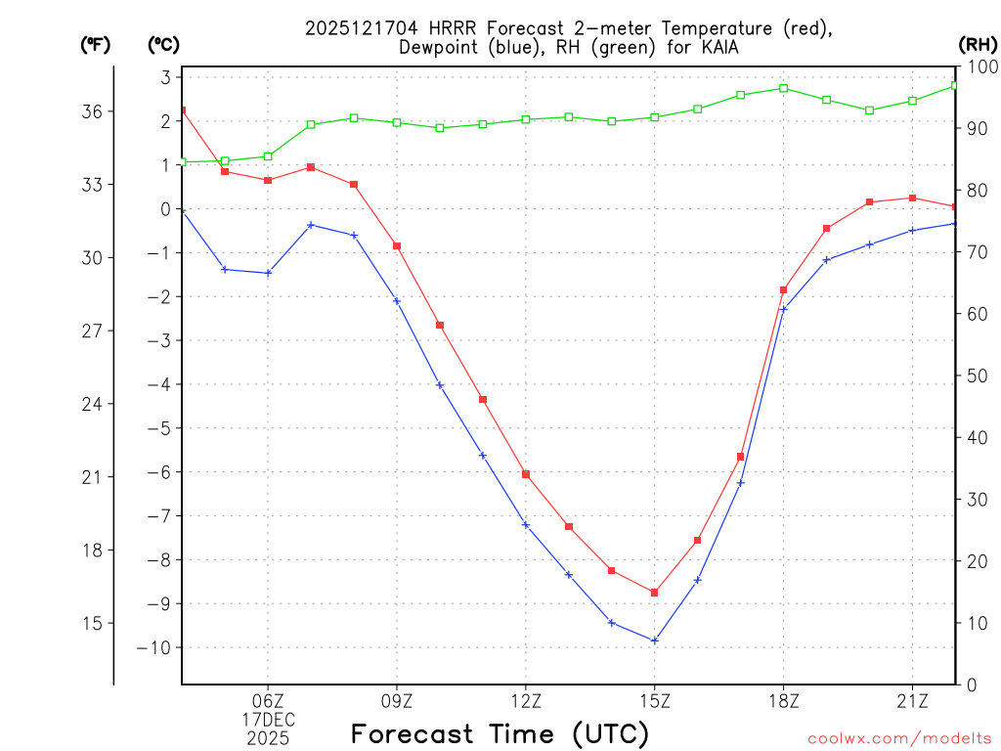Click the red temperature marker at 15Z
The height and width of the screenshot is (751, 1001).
(655, 593)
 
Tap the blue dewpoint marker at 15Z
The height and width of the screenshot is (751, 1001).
(655, 641)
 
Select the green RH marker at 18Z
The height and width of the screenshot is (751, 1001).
(784, 88)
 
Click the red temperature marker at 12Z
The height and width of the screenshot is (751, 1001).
(526, 474)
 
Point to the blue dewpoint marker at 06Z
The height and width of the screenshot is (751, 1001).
(268, 273)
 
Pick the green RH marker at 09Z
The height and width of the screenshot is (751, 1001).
(397, 122)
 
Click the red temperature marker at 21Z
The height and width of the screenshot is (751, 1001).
(912, 198)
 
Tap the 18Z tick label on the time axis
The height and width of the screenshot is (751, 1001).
(784, 700)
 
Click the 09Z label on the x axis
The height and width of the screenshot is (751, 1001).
(397, 700)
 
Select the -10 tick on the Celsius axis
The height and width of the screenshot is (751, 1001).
(157, 647)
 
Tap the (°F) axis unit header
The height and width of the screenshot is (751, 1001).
(96, 44)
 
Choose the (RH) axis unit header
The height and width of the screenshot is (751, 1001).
(978, 44)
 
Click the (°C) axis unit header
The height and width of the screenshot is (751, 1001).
(163, 44)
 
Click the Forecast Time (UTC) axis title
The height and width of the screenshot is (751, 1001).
(500, 733)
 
